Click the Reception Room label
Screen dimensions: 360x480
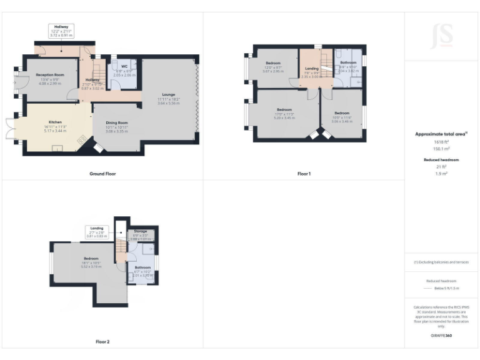pos(50,74)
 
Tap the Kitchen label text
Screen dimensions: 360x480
pos(56,122)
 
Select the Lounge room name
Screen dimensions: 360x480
pos(169,94)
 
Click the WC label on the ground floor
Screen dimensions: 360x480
pos(124,66)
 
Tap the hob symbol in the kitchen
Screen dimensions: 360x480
pos(79,141)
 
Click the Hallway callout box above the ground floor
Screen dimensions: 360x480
pos(61,31)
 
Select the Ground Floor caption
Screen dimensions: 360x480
pos(102,174)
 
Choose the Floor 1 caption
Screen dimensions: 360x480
pos(304,174)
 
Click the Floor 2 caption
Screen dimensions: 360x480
pos(102,342)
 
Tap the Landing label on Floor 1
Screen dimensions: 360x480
pos(311,68)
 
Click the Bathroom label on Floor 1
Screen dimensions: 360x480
pos(348,63)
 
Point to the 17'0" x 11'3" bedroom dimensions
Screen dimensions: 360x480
pos(284,114)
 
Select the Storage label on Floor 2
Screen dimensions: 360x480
pos(140,231)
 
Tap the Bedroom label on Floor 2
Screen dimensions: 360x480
pos(91,258)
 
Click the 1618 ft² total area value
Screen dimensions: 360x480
pos(442,142)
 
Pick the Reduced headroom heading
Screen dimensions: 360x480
pos(442,160)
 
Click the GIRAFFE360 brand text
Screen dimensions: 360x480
pos(442,337)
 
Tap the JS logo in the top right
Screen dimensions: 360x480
pos(442,37)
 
